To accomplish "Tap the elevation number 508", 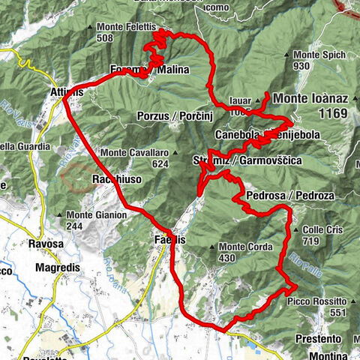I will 106,39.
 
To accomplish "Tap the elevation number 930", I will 301,66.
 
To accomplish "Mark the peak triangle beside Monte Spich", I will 289,55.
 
